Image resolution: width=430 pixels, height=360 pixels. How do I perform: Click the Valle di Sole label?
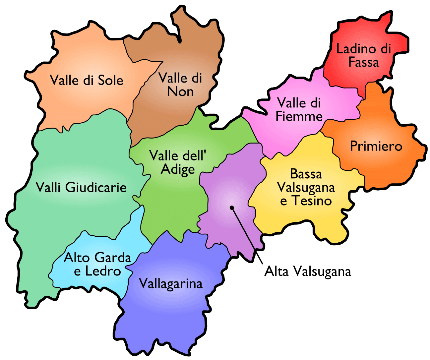tap(87, 80)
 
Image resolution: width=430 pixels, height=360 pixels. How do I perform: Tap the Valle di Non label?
tap(180, 85)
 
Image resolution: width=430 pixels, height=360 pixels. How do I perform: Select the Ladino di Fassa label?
tap(364, 55)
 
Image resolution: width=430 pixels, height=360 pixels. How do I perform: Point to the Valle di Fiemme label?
tap(299, 109)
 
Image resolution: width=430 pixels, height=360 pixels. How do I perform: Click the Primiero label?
tap(376, 146)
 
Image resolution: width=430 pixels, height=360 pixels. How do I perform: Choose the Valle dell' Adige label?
tap(178, 162)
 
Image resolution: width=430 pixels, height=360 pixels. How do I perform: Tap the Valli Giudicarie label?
tap(81, 187)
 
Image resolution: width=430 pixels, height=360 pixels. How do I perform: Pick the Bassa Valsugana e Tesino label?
tap(306, 187)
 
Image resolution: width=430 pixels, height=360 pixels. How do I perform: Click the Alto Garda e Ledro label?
tap(97, 264)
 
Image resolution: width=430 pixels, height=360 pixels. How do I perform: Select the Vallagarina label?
tap(170, 284)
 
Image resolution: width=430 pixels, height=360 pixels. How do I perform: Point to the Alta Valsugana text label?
tap(308, 271)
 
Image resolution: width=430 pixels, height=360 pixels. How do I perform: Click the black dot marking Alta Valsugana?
tap(232, 208)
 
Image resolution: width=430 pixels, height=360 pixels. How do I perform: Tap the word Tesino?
tap(312, 201)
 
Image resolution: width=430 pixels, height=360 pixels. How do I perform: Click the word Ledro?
tap(103, 271)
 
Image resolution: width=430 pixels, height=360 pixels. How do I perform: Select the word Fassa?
tap(363, 62)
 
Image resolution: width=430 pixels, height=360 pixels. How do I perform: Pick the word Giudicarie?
tap(96, 188)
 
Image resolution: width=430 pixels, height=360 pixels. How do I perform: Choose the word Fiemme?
tap(299, 116)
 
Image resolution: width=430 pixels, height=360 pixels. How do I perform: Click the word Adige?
tap(178, 169)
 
